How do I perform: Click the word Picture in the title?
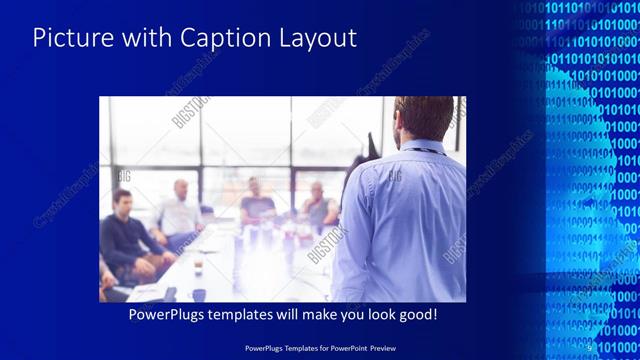click(68, 39)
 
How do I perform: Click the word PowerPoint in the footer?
click(350, 347)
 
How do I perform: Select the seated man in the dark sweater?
click(125, 235)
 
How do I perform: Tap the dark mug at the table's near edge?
click(199, 294)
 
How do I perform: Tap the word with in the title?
click(140, 39)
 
